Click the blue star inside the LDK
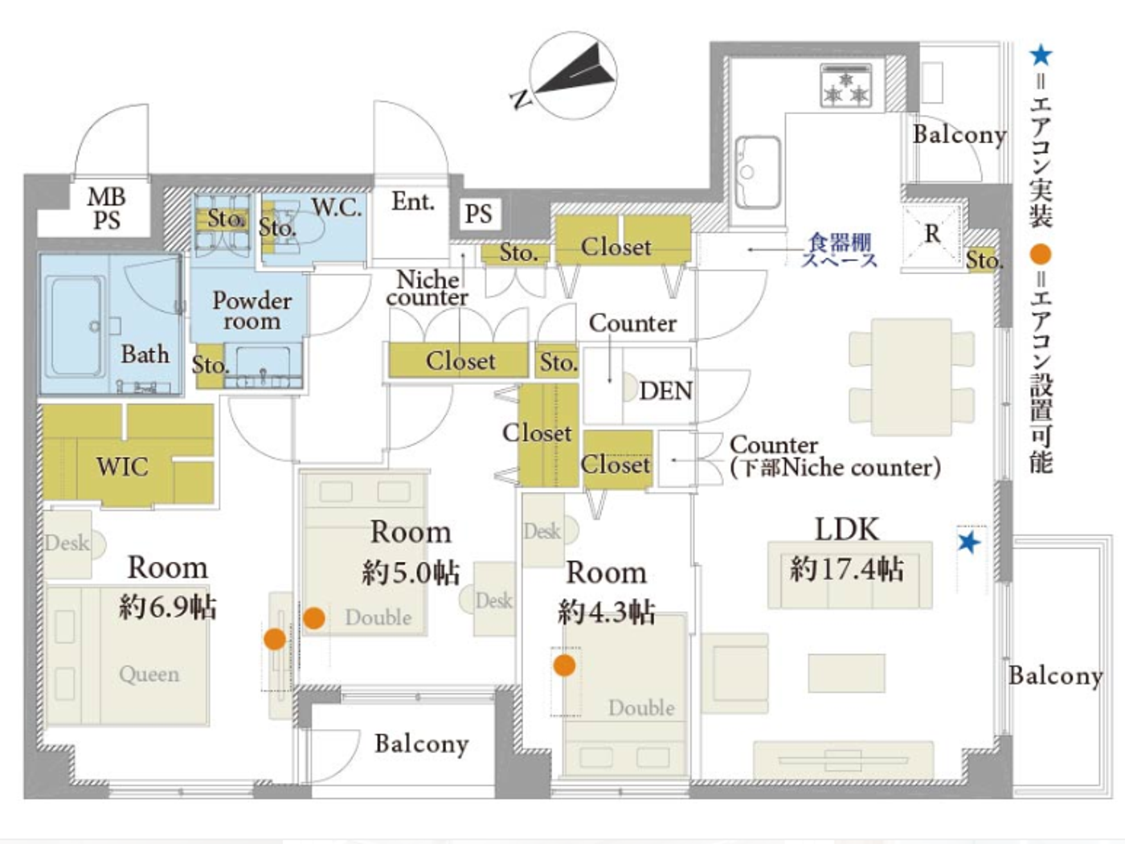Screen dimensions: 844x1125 [x=970, y=542]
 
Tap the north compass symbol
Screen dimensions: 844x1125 [x=574, y=76]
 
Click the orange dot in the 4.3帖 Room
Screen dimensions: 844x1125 [x=564, y=665]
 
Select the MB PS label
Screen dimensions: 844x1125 [x=106, y=208]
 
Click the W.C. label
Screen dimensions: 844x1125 [x=336, y=207]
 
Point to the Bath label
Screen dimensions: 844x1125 [x=145, y=354]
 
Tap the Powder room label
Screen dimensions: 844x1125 [x=252, y=310]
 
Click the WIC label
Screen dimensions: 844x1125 [x=122, y=466]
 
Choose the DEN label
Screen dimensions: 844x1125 [x=665, y=391]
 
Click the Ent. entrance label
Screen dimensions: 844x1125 [x=412, y=201]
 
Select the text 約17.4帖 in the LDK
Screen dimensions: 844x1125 [x=847, y=569]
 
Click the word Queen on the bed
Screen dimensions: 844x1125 [x=149, y=674]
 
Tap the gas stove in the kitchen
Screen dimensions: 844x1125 [x=845, y=86]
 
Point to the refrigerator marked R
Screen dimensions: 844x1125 [x=932, y=234]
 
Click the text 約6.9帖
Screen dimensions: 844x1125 [x=167, y=605]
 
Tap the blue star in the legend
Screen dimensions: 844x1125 [x=1041, y=55]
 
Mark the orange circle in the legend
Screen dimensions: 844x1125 [x=1041, y=255]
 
